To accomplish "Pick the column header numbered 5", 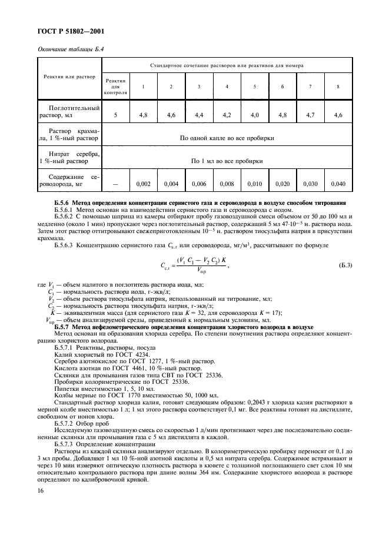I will point(254,87).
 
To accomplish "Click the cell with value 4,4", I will point(199,115).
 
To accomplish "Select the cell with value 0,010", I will point(254,184).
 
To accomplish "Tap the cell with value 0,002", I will point(143,184).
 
